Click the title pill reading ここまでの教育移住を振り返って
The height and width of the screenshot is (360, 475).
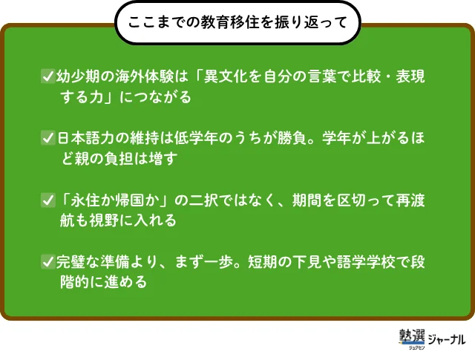(x=237, y=22)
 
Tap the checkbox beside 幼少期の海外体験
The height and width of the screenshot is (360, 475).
(x=47, y=76)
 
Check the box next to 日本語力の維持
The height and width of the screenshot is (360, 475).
(x=47, y=138)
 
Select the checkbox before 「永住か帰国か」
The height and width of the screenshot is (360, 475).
(x=47, y=200)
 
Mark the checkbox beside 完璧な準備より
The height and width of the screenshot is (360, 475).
(x=47, y=261)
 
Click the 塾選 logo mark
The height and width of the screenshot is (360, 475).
(x=412, y=338)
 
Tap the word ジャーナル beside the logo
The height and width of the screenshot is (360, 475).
(x=447, y=339)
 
